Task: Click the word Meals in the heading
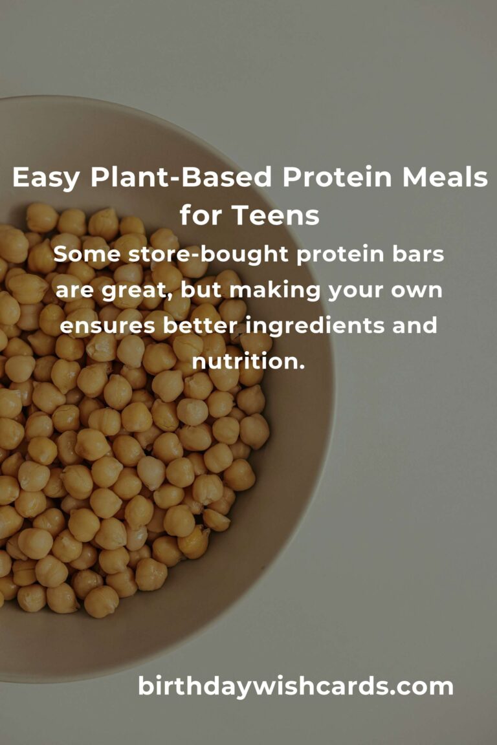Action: [442, 178]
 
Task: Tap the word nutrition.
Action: [248, 361]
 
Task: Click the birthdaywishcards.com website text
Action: [296, 686]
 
